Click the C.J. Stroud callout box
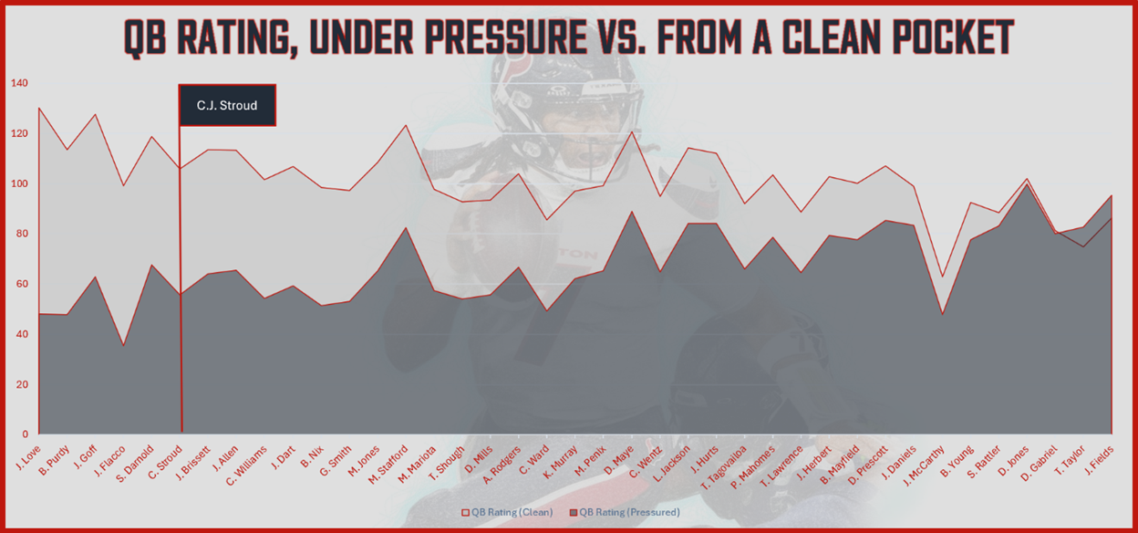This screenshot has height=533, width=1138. click(227, 105)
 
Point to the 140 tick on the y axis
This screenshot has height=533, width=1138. click(19, 83)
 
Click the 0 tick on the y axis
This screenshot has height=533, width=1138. click(26, 434)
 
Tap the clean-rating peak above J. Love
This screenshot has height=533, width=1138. click(39, 108)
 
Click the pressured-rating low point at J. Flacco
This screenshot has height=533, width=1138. click(124, 345)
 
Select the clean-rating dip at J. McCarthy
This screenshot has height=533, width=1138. click(943, 277)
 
